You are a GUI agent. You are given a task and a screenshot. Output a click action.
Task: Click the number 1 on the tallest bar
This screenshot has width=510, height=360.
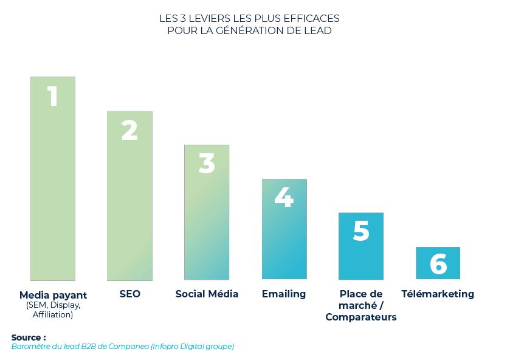pyautogui.click(x=53, y=96)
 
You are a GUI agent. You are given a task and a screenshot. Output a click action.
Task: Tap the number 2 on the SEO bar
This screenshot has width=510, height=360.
pyautogui.click(x=129, y=130)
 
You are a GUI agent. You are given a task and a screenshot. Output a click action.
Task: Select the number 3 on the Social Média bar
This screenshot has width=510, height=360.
pyautogui.click(x=207, y=164)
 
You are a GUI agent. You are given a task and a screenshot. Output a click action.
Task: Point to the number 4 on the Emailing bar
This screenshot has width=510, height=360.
pyautogui.click(x=284, y=197)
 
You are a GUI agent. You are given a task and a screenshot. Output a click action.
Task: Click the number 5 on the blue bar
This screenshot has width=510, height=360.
pyautogui.click(x=361, y=231)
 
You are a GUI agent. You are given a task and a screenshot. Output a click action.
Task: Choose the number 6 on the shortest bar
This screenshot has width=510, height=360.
pyautogui.click(x=438, y=265)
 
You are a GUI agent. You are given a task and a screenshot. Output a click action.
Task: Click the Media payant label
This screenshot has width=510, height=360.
pyautogui.click(x=53, y=295)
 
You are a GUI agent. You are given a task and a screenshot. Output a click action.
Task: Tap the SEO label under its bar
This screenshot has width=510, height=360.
pyautogui.click(x=130, y=294)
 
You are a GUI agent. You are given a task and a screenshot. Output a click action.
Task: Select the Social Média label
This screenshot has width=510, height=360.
pyautogui.click(x=207, y=294)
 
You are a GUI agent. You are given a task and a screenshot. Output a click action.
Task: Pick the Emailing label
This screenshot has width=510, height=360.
pyautogui.click(x=284, y=294)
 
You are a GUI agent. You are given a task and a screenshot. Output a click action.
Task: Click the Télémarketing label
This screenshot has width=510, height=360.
pyautogui.click(x=438, y=294)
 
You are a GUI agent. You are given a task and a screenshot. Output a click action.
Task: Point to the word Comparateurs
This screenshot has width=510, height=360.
pyautogui.click(x=361, y=317)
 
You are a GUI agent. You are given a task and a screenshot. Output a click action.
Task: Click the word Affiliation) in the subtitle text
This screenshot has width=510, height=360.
pyautogui.click(x=53, y=314)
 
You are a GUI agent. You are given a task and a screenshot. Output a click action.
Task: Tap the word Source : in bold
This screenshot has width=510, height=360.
pyautogui.click(x=29, y=337)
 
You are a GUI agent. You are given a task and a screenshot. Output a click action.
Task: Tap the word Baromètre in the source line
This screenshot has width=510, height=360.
pyautogui.click(x=32, y=347)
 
